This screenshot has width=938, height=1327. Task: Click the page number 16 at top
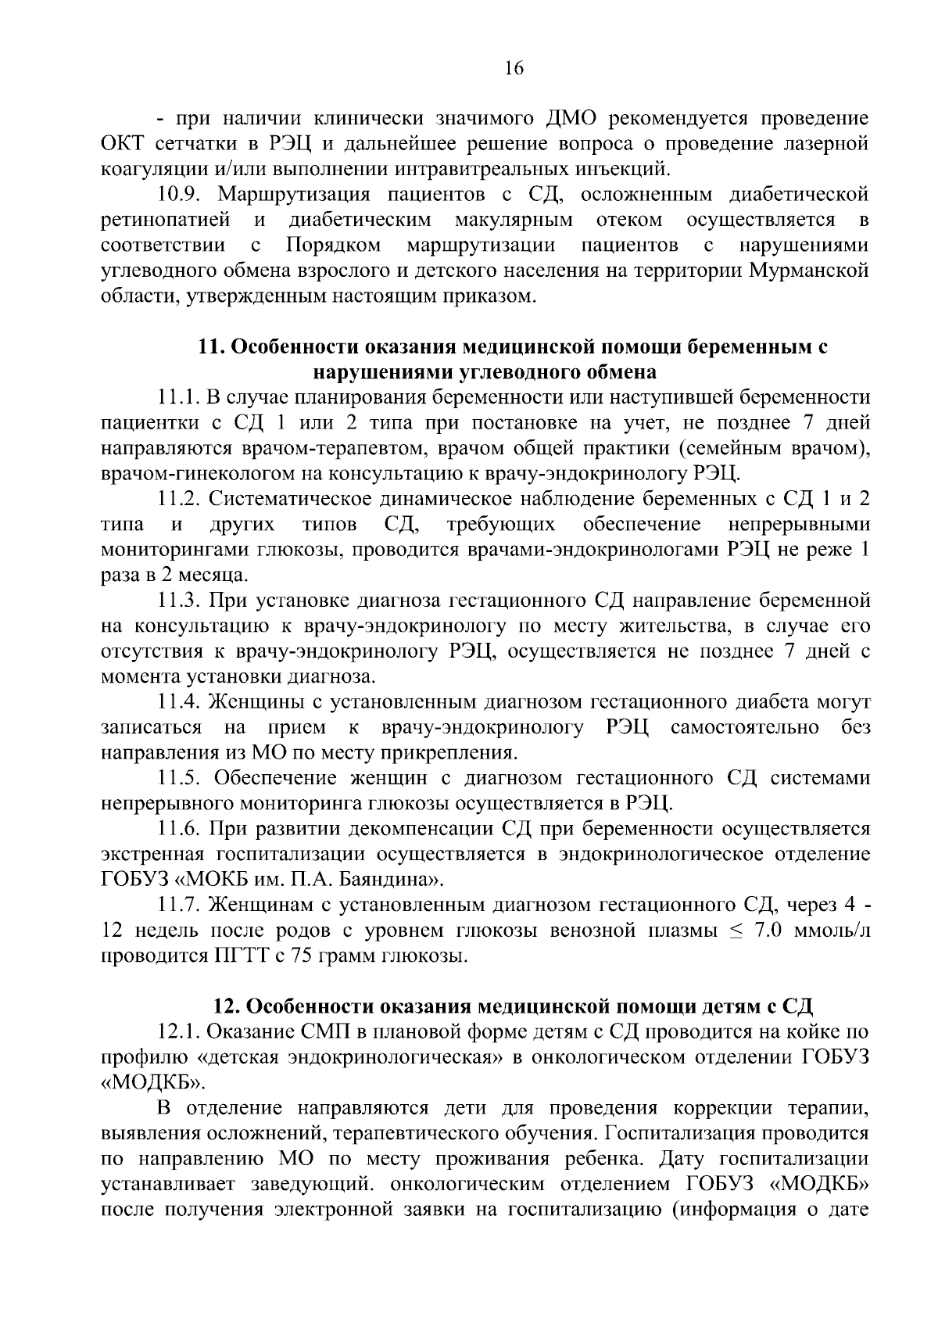513,69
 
